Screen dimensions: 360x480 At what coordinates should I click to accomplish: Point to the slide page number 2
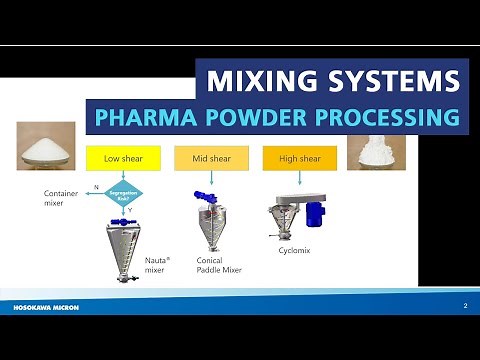(465, 302)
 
